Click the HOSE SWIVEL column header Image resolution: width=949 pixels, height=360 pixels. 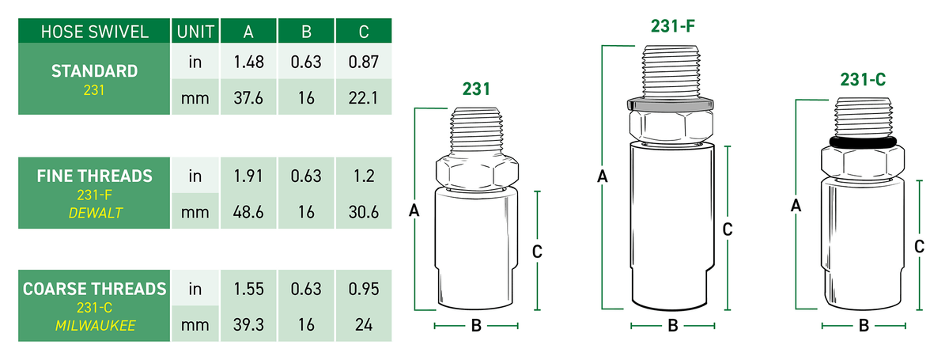click(x=94, y=32)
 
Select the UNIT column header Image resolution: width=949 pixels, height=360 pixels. click(x=195, y=32)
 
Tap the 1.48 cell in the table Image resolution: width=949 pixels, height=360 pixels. click(x=248, y=63)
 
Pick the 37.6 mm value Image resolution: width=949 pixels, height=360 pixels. click(x=248, y=98)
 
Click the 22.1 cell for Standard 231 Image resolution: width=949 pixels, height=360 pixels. click(x=364, y=98)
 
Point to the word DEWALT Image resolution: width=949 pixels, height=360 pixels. click(x=96, y=213)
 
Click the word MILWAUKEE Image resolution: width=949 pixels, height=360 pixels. click(x=96, y=326)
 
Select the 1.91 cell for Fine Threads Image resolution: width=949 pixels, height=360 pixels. click(x=248, y=176)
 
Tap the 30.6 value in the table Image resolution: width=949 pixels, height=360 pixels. click(x=364, y=212)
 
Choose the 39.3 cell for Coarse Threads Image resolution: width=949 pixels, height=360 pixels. click(x=248, y=325)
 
